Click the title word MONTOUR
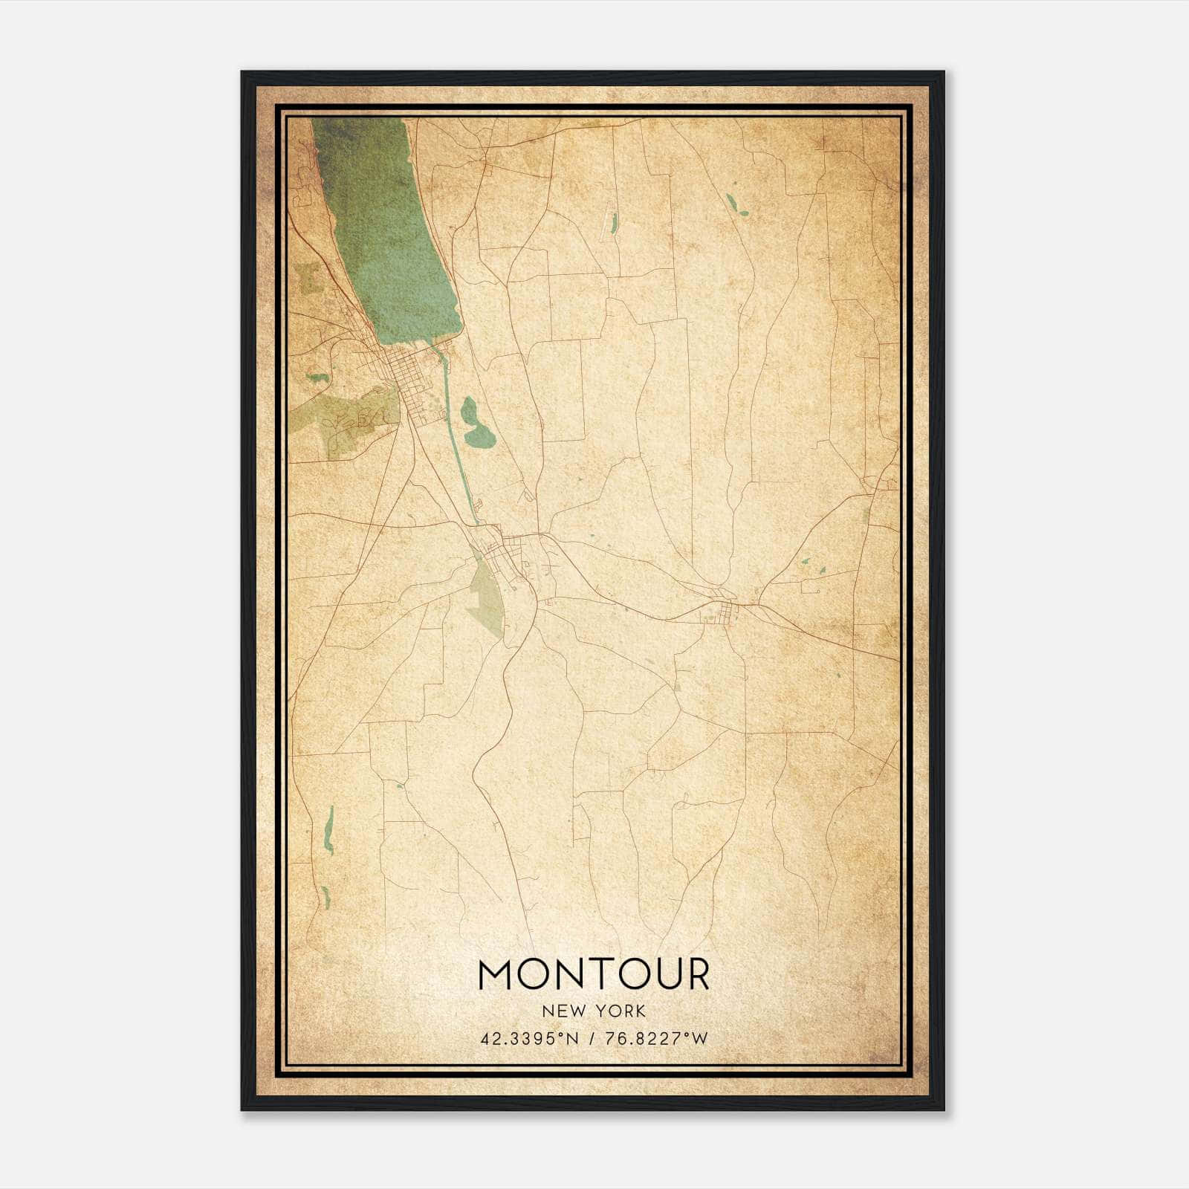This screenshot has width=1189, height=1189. (x=594, y=974)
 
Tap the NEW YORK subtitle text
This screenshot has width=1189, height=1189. (x=594, y=1011)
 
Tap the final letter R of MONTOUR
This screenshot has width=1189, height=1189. (x=696, y=974)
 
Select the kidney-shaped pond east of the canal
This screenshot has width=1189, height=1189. (x=474, y=424)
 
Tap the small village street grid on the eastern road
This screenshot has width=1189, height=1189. (x=723, y=611)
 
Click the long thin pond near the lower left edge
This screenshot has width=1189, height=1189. (x=329, y=829)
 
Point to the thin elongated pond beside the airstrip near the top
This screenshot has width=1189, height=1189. (x=614, y=221)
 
